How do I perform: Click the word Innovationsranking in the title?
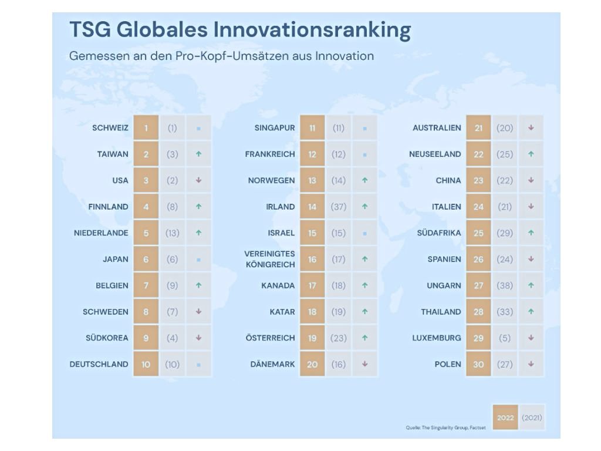point(312,31)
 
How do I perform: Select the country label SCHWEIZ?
point(110,127)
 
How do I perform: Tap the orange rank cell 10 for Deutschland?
point(146,364)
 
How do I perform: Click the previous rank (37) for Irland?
point(339,207)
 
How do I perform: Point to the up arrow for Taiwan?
point(198,154)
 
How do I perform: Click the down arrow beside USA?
point(198,180)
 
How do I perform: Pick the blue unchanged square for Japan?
point(198,260)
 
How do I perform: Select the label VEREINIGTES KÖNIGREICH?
point(270,259)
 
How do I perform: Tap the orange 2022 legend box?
point(505,418)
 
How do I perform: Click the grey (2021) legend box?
point(532,418)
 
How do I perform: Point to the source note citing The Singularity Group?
point(446,428)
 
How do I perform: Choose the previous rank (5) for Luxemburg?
point(505,338)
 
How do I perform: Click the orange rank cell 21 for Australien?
point(479,127)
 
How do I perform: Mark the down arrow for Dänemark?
point(365,364)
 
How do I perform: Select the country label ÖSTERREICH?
point(270,338)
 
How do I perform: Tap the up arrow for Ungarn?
point(531,285)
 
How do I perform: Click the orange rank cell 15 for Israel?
point(312,233)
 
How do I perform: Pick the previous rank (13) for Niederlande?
point(172,233)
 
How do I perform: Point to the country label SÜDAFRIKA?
point(439,233)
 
